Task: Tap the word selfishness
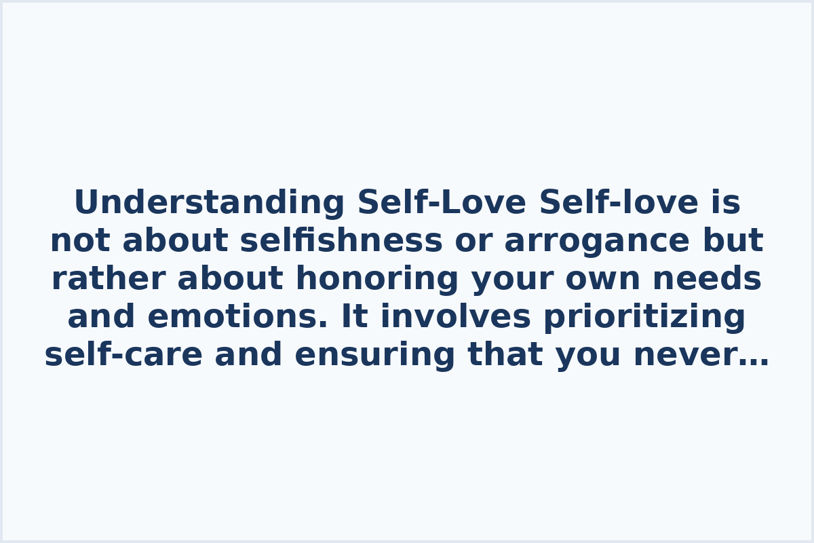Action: (x=341, y=241)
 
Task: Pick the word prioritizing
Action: (x=644, y=317)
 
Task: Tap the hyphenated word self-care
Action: (x=123, y=355)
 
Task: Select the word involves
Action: (x=455, y=317)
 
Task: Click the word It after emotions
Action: (x=354, y=317)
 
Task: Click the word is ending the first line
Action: (x=726, y=203)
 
